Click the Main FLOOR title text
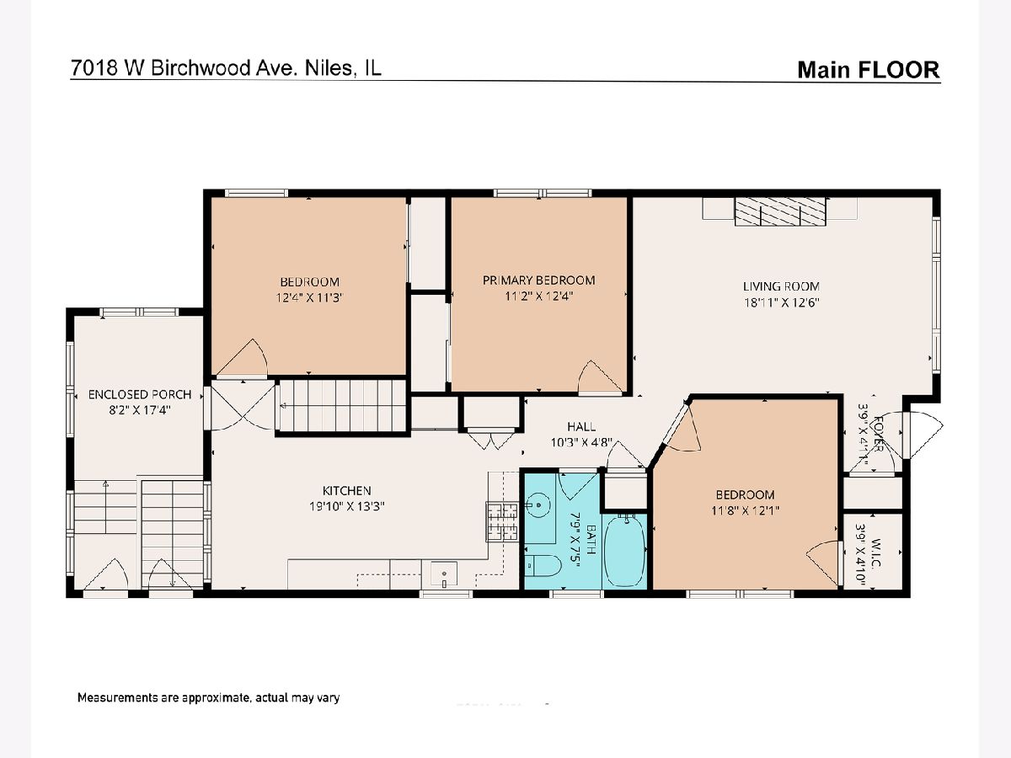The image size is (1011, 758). (869, 70)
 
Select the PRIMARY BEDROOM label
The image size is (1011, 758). (538, 280)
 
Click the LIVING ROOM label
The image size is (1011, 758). (781, 286)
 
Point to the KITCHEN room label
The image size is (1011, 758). (347, 491)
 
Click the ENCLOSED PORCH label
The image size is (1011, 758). (140, 394)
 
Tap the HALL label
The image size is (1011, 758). (581, 427)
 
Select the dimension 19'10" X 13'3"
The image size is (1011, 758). (347, 507)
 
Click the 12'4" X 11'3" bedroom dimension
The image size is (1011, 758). (309, 298)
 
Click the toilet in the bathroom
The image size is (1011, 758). (543, 566)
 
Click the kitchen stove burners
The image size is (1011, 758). (502, 521)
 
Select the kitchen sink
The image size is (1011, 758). (444, 574)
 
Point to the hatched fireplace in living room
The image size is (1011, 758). (780, 211)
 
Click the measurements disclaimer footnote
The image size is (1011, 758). (208, 698)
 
